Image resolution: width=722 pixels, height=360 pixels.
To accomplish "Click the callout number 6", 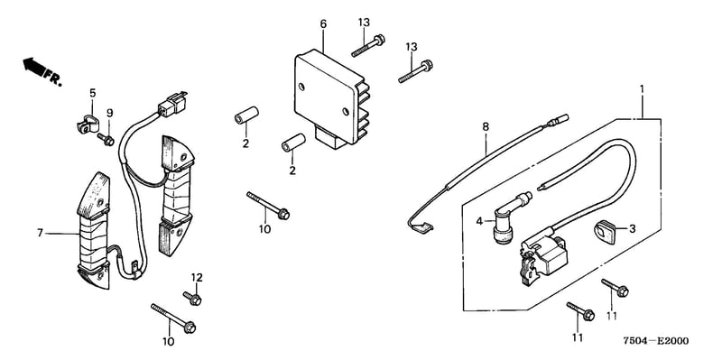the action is coord(323,23).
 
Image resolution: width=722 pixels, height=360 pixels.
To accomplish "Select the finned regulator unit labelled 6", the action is coord(332,98).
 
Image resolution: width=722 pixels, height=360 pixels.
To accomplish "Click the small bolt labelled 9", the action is coord(106,140).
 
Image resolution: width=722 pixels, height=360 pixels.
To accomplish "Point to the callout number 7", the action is coord(40,234).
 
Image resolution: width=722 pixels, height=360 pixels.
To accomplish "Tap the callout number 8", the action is coord(486,126).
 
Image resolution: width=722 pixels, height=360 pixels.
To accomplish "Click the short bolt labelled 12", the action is coord(192,299).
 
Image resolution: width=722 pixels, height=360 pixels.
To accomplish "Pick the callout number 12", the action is coord(197,278).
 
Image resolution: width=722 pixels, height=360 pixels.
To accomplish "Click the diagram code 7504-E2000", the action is coord(656,341).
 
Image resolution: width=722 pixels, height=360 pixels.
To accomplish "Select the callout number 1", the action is coord(643,88).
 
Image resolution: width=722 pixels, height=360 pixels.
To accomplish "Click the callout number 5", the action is coord(93,93).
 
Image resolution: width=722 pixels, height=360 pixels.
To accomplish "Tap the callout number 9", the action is coord(109,114).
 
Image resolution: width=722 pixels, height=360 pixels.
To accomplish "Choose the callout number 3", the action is coord(633,228).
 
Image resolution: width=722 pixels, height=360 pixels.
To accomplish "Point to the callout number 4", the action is coord(479,221).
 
